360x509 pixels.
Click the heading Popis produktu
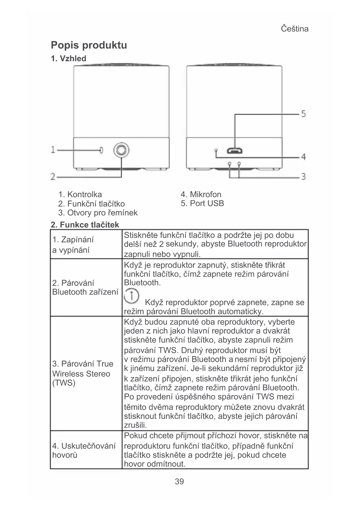89,45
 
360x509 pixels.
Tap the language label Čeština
294,29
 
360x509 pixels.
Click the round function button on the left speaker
121,150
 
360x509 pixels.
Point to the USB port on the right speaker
235,151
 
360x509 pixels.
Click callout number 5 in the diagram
303,114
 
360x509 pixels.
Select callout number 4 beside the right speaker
303,157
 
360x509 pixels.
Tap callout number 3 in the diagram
303,176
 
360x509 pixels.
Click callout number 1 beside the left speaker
53,150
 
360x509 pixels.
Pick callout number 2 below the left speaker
53,176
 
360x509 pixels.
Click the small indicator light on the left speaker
101,150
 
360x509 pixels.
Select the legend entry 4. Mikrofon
201,194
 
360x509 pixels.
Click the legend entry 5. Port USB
202,203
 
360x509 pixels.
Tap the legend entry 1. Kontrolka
80,194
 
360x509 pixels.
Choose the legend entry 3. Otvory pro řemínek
98,213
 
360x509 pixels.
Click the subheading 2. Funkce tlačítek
85,225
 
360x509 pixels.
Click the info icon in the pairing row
131,296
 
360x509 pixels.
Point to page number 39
179,481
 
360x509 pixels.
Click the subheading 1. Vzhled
68,59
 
